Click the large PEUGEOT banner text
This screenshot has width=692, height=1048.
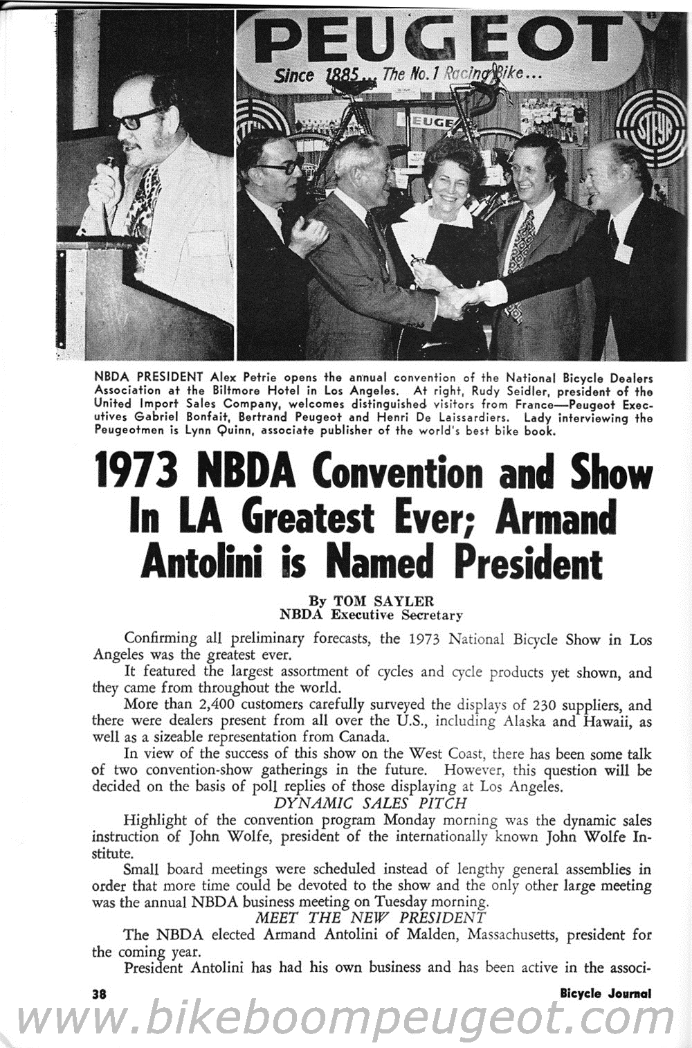[x=443, y=40]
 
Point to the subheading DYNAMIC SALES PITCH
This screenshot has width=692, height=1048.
[x=370, y=804]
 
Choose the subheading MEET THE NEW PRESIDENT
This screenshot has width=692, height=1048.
[x=370, y=918]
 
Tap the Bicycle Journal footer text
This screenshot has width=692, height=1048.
[x=605, y=993]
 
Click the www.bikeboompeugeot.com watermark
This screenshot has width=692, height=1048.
[x=346, y=1021]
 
